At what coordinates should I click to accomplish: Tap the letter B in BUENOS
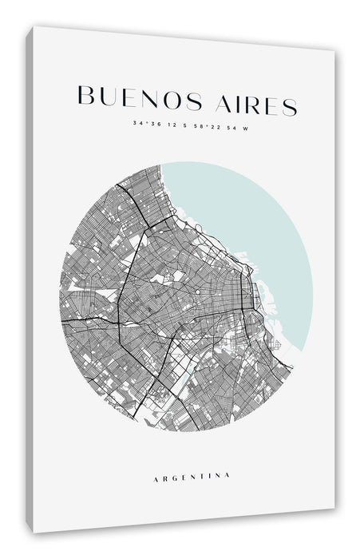click(85, 93)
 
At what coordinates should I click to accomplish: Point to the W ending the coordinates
click(245, 127)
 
